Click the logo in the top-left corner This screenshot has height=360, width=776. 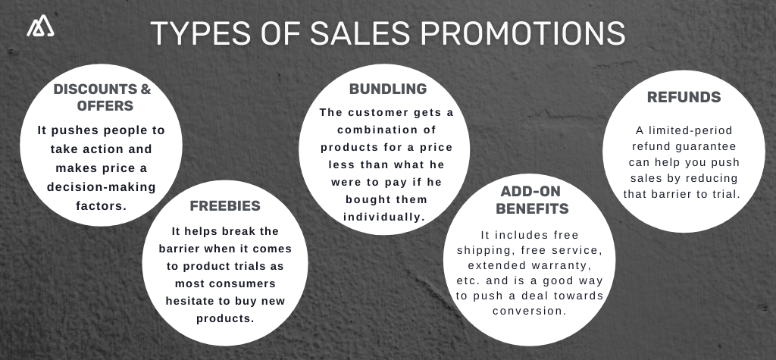coord(40,27)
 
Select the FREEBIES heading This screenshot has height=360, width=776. coord(225,205)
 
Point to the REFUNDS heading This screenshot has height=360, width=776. coord(684,98)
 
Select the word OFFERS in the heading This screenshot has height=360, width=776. coord(105,106)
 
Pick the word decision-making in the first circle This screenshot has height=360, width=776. coord(102,186)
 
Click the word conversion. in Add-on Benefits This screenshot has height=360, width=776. coord(528,311)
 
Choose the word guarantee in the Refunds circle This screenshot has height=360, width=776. coord(707,146)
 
